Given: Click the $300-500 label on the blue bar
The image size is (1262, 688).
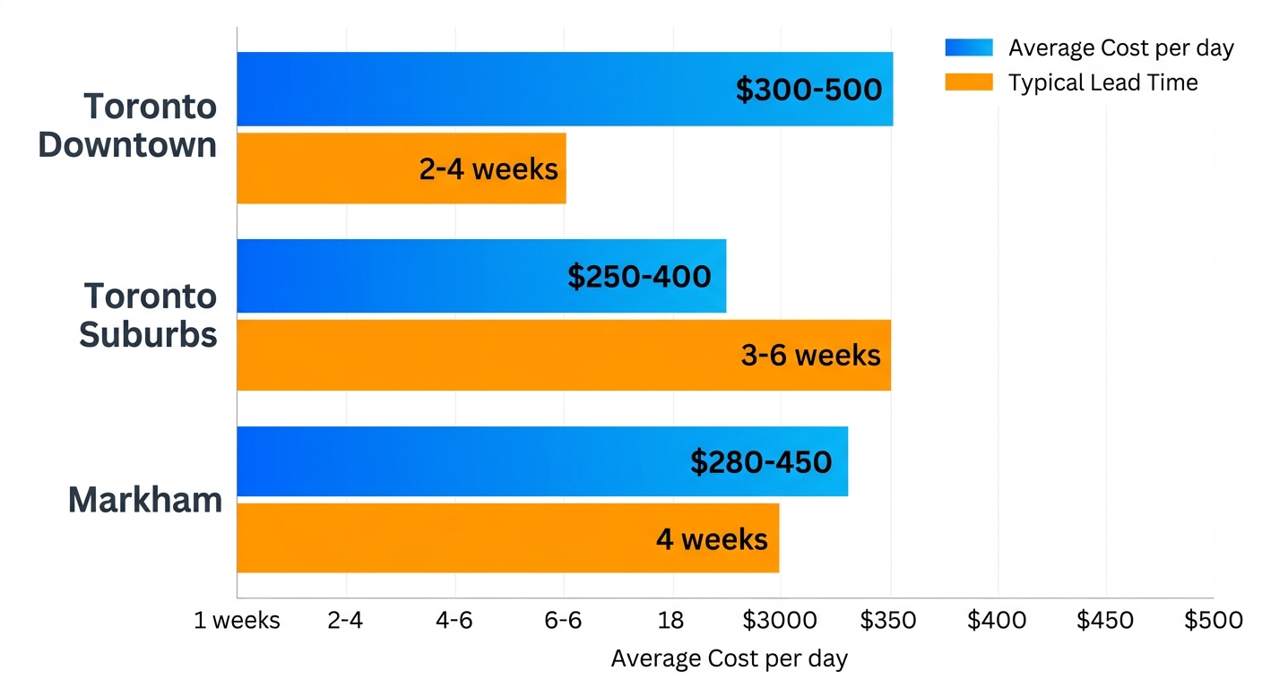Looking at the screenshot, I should pos(808,90).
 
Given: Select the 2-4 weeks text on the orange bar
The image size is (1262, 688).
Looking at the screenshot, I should pos(488,168).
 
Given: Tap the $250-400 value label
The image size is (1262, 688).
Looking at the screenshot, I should pos(639,277).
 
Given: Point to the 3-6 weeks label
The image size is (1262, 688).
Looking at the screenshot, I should pos(810,356).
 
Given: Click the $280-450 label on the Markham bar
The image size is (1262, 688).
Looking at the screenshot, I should pos(760,462).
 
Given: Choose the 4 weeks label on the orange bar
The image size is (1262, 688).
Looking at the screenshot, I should pos(712,539).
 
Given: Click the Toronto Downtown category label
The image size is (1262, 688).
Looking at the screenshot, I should pos(128,125).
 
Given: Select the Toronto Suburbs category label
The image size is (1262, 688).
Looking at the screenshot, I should pos(149,315).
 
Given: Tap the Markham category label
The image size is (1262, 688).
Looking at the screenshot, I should pos(145,500).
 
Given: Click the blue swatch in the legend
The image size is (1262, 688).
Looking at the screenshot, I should pos(968,48).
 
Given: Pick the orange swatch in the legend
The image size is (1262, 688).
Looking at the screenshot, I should pos(968,82).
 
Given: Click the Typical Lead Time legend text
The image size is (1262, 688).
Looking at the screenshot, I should pos(1102,82).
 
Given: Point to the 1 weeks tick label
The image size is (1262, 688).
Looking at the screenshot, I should pos(237,621).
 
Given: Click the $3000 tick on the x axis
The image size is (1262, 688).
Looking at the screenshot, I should pos(780,621).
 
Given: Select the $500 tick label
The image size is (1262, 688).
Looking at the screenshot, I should pos(1214,621).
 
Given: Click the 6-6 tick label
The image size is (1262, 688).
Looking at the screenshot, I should pos(563,621).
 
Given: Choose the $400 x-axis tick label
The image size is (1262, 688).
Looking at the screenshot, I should pos(997,621).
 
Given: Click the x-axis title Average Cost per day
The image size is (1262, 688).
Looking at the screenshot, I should pos(729,659).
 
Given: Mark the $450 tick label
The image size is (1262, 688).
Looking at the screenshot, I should pos(1105,621).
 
